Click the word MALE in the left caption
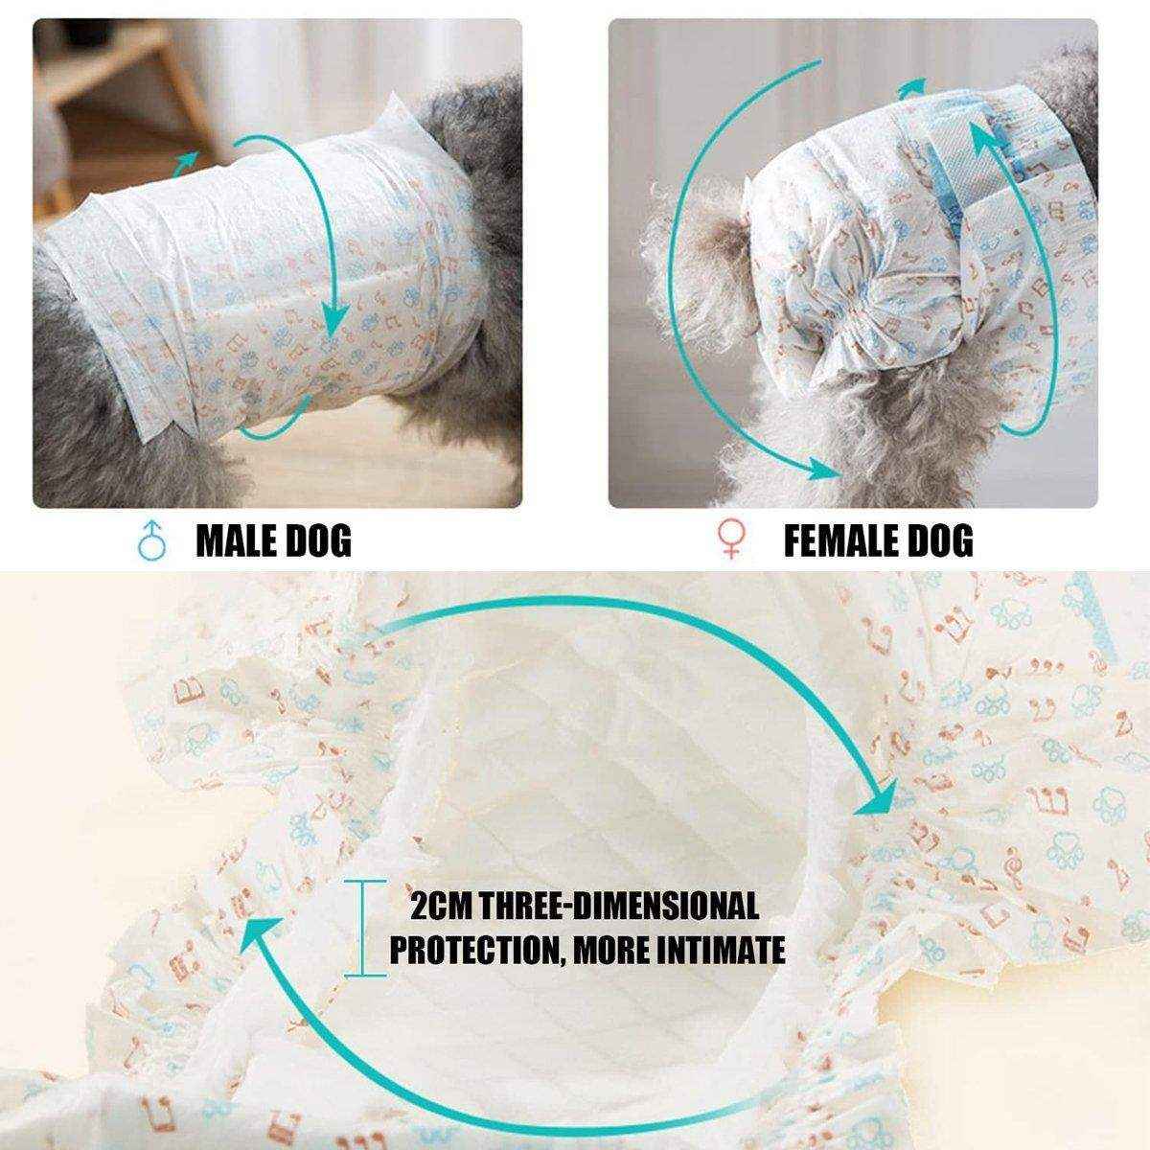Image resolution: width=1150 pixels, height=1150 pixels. pos(236,541)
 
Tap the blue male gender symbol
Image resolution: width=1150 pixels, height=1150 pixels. pos(149,541)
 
